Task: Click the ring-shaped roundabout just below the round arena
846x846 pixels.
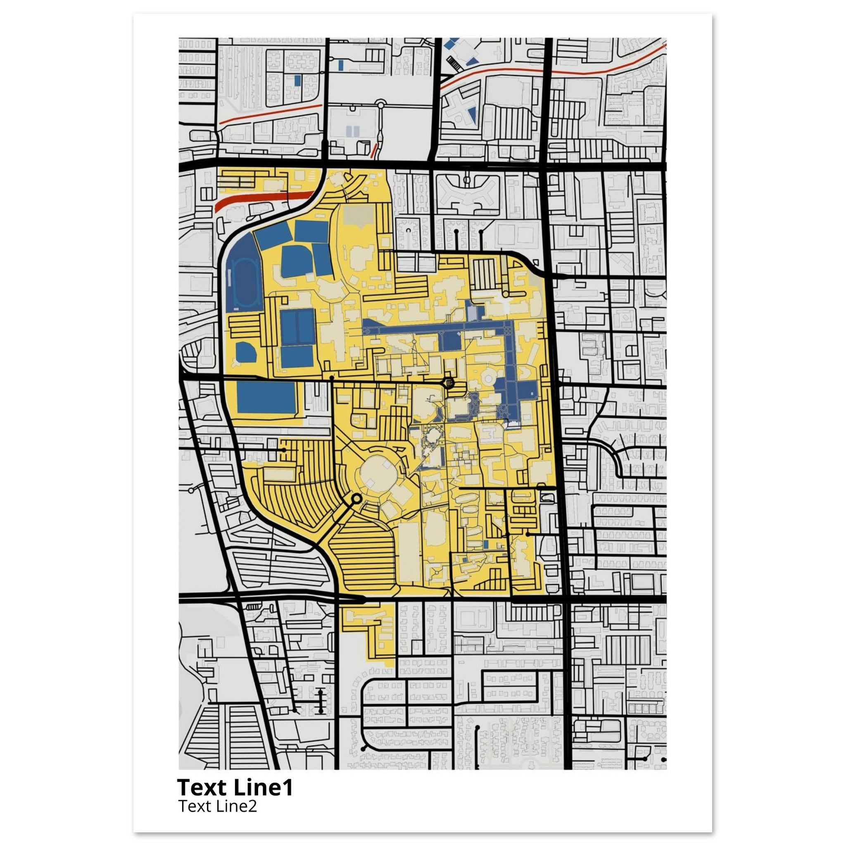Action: coord(356,498)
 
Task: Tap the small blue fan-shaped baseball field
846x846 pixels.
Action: coord(245,352)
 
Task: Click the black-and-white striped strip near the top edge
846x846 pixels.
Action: coord(455,64)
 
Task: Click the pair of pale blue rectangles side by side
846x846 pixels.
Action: coord(352,131)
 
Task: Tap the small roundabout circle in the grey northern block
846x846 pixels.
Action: coord(380,104)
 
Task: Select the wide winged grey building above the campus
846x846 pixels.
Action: coord(467,192)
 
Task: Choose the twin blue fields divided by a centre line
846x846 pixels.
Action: coord(297,327)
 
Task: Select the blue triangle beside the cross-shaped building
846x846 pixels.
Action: coord(472,115)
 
